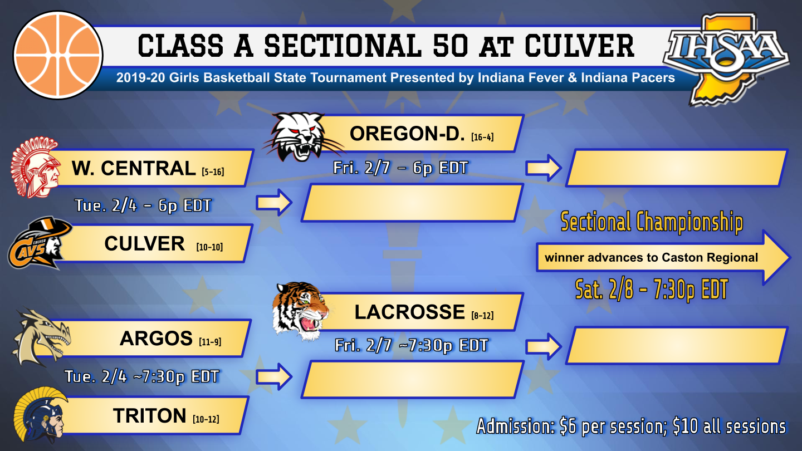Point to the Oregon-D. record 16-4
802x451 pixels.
coord(482,137)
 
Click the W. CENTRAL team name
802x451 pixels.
coord(134,168)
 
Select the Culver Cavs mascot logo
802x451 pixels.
coord(39,243)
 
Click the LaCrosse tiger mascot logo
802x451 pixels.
coord(300,310)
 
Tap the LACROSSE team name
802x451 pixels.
coord(409,312)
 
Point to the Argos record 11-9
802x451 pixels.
coord(210,342)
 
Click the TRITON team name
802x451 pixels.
coord(149,415)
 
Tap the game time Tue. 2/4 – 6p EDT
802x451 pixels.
coord(143,205)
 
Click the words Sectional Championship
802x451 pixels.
coord(651,222)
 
